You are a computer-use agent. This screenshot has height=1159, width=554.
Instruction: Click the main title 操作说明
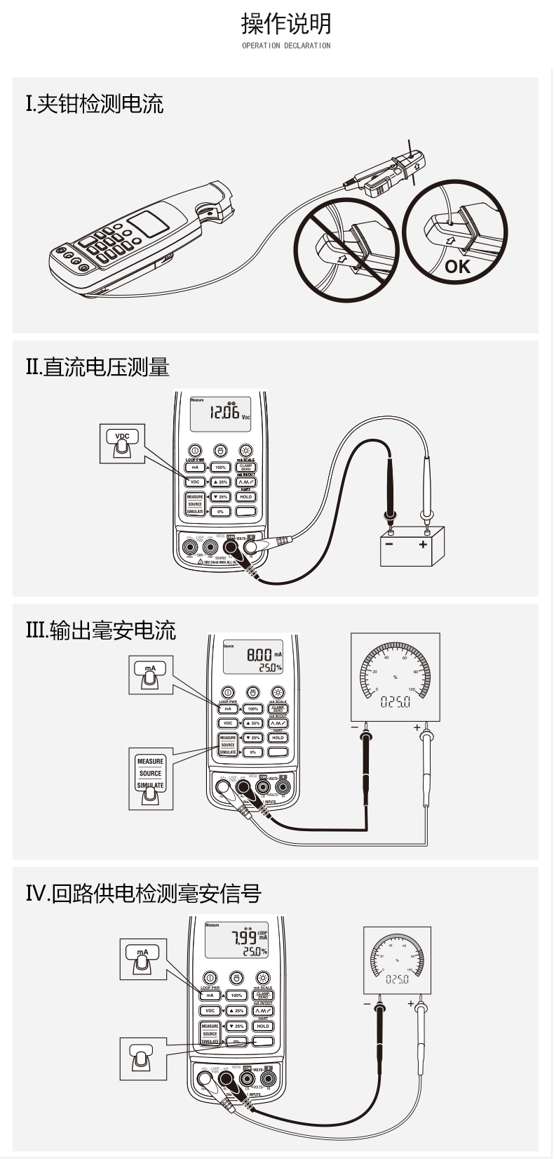[286, 24]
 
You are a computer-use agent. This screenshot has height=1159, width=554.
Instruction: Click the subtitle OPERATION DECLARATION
[286, 46]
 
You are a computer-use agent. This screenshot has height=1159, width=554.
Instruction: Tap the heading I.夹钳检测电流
[95, 105]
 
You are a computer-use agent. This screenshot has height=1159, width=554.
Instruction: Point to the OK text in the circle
[457, 266]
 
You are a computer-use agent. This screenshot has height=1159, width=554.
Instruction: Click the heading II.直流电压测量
[97, 367]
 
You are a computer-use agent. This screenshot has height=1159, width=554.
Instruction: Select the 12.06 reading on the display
[224, 412]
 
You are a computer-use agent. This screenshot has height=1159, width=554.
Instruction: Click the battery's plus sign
[423, 543]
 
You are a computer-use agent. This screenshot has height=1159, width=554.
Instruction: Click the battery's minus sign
[389, 543]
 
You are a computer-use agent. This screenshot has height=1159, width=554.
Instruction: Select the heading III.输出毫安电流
[100, 630]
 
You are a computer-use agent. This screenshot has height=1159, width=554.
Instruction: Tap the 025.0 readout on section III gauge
[395, 701]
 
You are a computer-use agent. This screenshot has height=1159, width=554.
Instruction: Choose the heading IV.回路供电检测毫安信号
[143, 894]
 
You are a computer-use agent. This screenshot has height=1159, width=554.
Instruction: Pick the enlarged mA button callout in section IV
[143, 958]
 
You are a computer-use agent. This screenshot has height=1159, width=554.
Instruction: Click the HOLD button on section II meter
[245, 497]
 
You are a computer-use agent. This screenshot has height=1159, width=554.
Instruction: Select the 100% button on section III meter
[252, 709]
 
